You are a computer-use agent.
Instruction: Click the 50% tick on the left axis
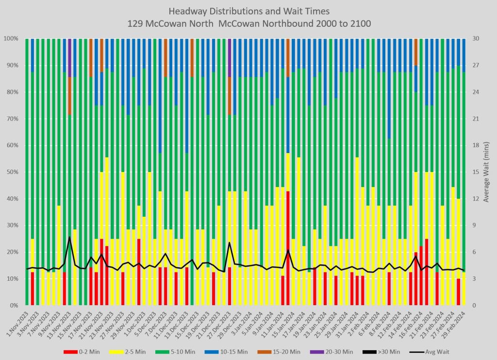coord(11,172)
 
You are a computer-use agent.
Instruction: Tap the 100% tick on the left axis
coord(10,38)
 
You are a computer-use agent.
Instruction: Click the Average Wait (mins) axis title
coord(487,172)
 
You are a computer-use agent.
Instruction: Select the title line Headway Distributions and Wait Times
coord(248,11)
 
